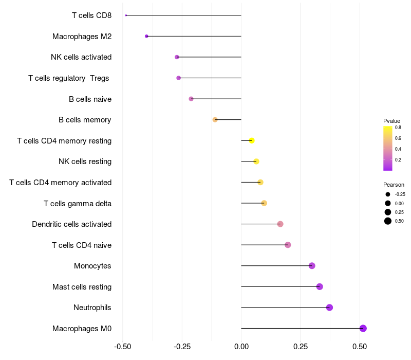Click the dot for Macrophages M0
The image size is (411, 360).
pos(363,328)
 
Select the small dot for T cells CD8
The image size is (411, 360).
pos(126,15)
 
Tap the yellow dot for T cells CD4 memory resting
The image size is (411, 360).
pos(252,140)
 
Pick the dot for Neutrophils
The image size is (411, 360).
pos(329,307)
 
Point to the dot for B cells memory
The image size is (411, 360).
pos(215,120)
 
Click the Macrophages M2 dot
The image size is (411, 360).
pos(146,36)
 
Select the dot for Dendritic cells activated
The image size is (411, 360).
pos(280,224)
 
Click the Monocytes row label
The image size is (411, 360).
pos(92,266)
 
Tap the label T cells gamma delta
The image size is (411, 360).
pos(78,203)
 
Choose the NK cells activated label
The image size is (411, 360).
pos(81,57)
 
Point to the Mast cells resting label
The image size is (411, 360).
pos(82,287)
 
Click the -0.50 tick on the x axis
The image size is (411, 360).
pos(122,347)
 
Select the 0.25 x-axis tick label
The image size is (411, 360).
pos(301,347)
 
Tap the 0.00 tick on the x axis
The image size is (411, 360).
pos(241,347)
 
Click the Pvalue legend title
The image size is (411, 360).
pos(391,121)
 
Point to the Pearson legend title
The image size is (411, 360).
pos(394,185)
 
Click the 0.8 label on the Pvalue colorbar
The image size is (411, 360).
pos(398,128)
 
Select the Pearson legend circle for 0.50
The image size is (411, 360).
pos(388,221)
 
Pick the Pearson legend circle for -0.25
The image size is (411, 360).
pos(388,194)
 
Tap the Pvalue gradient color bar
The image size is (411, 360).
pos(388,148)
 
